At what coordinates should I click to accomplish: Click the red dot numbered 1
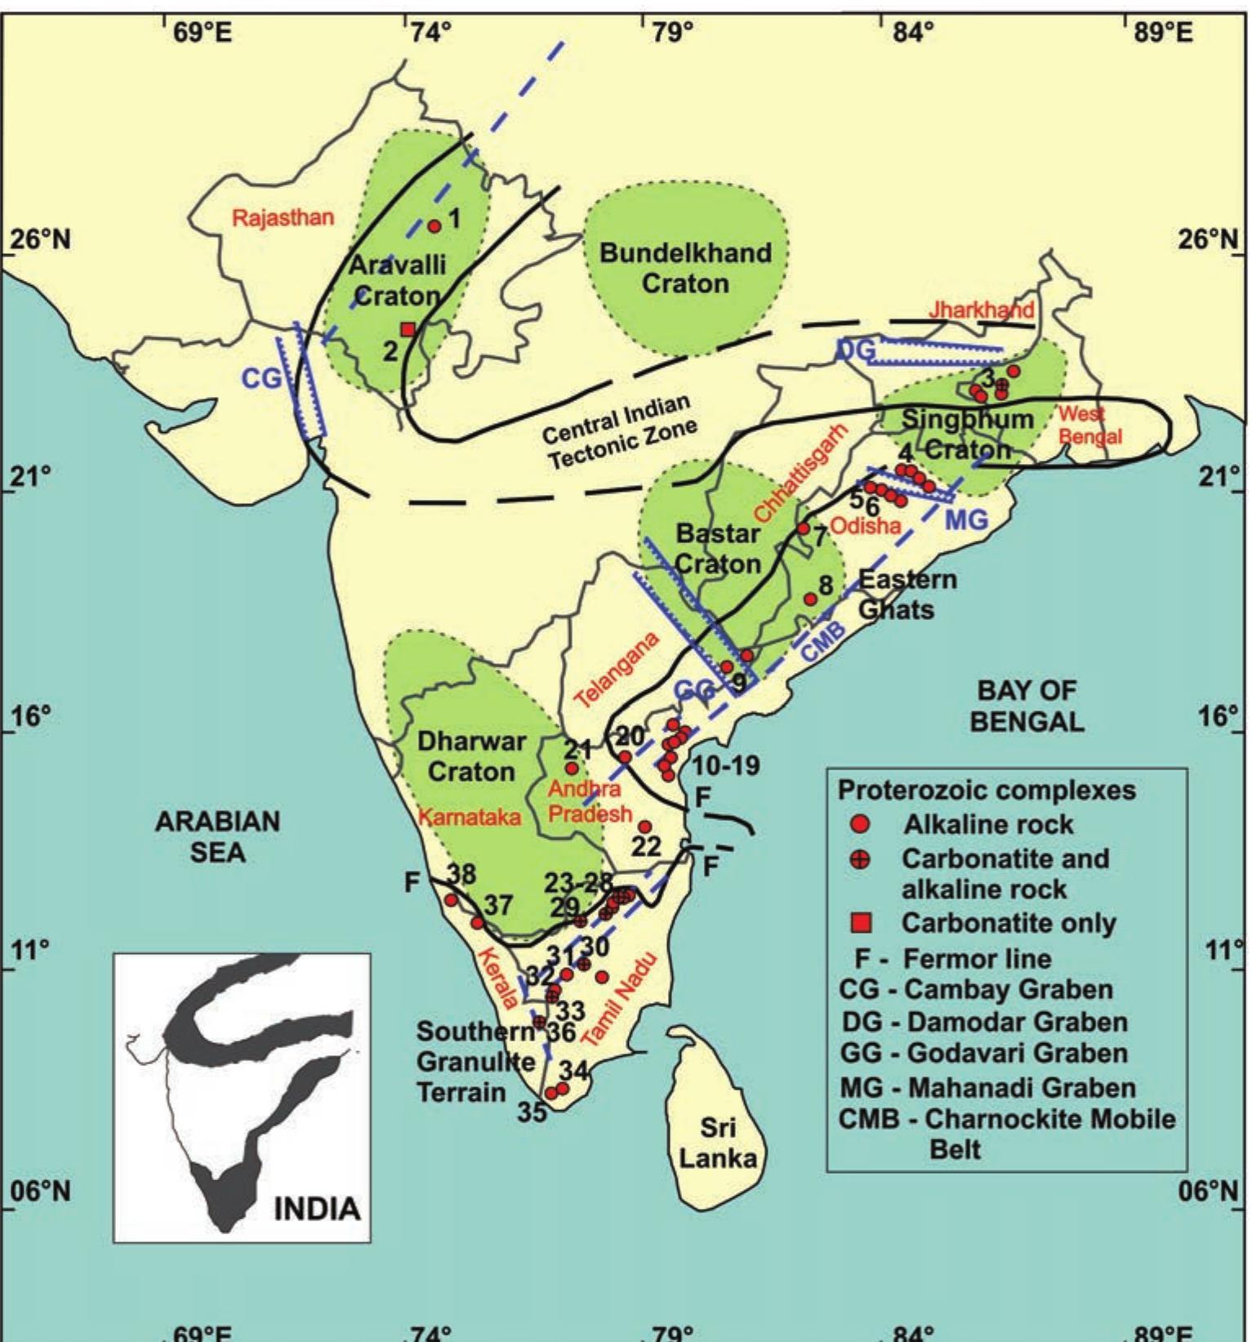(434, 226)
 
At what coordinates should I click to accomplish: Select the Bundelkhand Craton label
(685, 268)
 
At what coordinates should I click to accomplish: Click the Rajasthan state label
(283, 218)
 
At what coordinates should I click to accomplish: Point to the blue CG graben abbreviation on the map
(261, 378)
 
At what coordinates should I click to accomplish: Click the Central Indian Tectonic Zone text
(621, 432)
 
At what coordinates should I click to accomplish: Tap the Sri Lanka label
(718, 1143)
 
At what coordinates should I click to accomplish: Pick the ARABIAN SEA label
(217, 836)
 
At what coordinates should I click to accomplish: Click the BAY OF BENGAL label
(1027, 706)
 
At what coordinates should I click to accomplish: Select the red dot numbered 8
(810, 600)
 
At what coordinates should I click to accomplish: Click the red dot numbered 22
(644, 827)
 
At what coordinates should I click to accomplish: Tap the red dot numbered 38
(451, 900)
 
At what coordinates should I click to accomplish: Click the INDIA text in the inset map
(316, 1208)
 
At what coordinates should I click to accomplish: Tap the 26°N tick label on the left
(39, 240)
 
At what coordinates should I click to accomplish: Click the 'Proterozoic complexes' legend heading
(987, 790)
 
